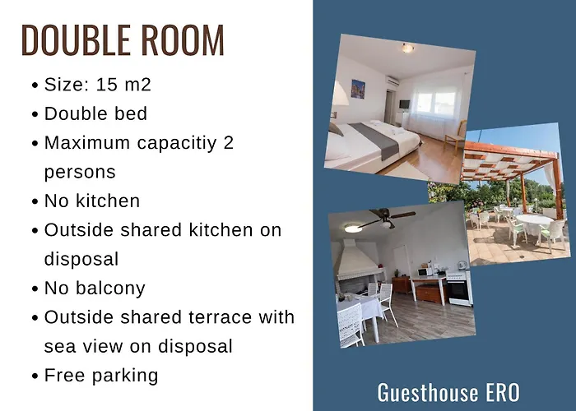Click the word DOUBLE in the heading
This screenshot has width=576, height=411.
tap(76, 40)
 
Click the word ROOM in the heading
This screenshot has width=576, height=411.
tap(183, 40)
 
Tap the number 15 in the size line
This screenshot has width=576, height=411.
tap(106, 85)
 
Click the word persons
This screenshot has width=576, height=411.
tap(80, 173)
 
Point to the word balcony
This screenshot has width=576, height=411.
tap(110, 289)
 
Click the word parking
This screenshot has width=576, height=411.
tap(125, 376)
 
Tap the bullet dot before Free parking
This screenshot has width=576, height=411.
tap(35, 376)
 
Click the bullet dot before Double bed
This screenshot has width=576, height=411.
tap(35, 114)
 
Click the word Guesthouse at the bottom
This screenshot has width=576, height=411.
tap(428, 393)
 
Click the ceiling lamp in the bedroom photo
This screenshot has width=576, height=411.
tap(407, 48)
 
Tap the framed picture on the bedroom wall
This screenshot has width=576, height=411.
tap(358, 89)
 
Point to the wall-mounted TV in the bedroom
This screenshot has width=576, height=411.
tap(404, 104)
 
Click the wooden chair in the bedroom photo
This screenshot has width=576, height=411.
tap(456, 136)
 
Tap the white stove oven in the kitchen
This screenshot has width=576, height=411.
tap(459, 289)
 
